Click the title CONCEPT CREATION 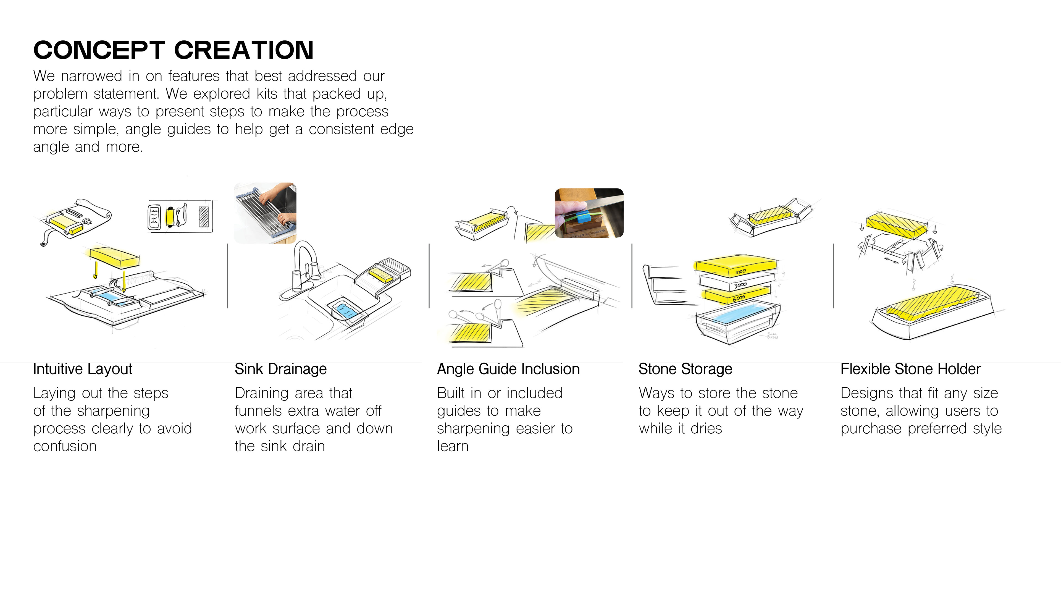174,50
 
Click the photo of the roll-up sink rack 265,213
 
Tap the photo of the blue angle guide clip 589,213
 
